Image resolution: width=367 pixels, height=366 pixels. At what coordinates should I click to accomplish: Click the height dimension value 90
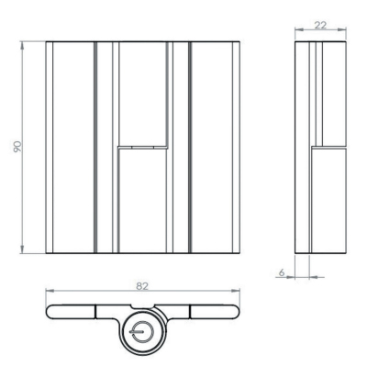pos(17,147)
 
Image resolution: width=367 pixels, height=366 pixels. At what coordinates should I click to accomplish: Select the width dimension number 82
pos(142,286)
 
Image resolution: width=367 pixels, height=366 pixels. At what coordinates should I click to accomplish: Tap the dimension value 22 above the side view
pos(320,25)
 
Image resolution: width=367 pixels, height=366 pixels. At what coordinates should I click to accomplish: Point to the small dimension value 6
pos(282,272)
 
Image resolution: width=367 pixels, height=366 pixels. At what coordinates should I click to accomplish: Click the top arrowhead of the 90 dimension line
pos(22,45)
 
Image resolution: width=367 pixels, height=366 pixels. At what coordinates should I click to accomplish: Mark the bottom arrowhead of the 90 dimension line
pos(22,250)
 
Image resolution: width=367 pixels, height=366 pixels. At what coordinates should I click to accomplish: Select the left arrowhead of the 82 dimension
pos(50,291)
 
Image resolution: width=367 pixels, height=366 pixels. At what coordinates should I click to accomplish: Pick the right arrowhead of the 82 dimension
pos(236,291)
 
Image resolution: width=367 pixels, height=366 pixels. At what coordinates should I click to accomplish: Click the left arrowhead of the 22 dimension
pos(299,29)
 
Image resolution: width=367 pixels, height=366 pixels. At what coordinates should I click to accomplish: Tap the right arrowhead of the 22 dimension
pos(342,29)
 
